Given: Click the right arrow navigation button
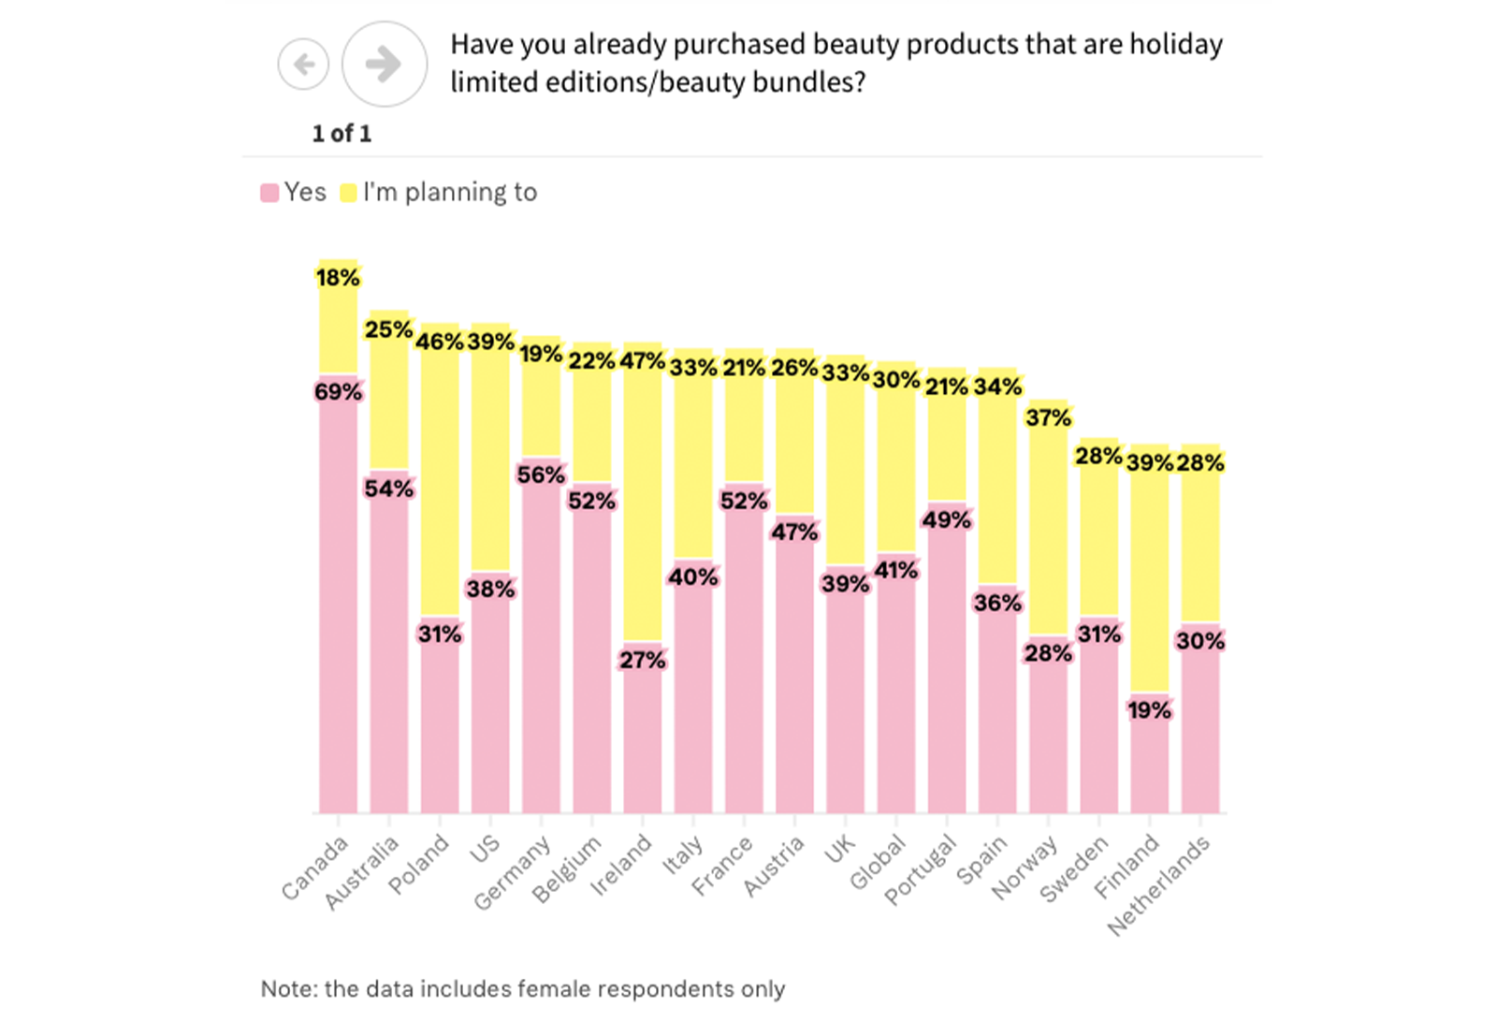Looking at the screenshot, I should [384, 64].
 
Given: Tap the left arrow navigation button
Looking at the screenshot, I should [303, 64].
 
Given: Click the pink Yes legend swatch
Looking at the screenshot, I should [269, 193].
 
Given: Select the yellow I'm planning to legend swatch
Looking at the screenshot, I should [348, 193].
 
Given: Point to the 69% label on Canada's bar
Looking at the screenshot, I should [338, 392].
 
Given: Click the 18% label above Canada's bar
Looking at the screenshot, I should [338, 278].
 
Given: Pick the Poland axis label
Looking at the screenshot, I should [419, 865].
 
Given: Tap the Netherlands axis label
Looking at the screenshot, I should [1158, 885].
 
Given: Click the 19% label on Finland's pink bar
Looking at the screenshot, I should [1149, 710].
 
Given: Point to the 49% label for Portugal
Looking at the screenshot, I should [946, 520].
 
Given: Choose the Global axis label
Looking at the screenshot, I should [878, 862].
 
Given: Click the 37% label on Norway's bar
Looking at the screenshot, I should [1048, 418].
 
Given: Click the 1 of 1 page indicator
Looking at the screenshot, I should [342, 134].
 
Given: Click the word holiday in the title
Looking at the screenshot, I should [1176, 45].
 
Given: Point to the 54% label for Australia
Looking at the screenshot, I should [388, 489].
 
